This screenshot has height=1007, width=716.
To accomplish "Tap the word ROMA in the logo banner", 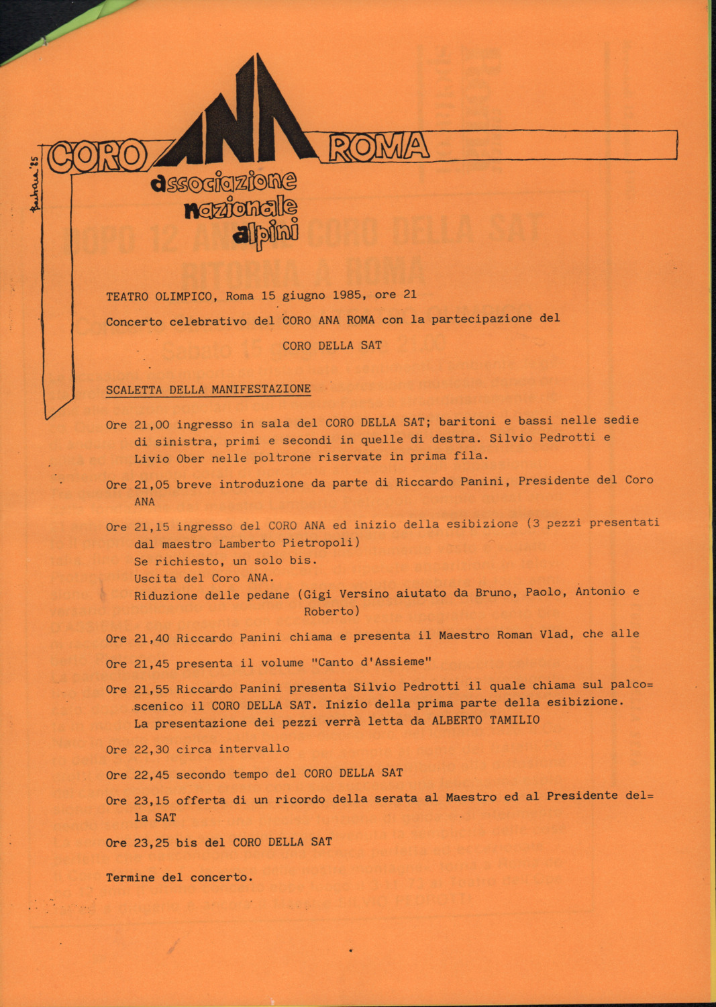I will pos(378,147).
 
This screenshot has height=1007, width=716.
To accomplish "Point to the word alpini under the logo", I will pos(266,235).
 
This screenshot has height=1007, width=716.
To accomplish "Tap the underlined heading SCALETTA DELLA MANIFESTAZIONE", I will pos(208,389).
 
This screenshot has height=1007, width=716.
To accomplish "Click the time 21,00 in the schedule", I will pos(152,424).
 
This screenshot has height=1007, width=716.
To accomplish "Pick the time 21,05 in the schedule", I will pos(152,484).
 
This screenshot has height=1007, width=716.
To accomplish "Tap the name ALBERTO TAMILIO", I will pos(485,720).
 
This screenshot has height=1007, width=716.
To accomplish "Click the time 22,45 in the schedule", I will pos(152,775).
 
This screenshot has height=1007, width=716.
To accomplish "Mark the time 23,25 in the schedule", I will pos(152,843).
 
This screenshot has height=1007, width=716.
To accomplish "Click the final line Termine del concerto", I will pos(179,877).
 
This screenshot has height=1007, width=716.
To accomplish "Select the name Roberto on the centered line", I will pos(331,612).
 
